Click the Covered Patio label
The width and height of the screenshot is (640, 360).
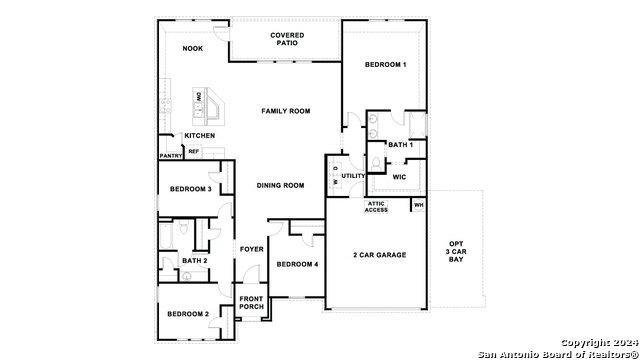point(287,39)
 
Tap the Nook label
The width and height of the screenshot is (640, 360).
point(193,49)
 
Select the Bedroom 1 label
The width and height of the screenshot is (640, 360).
point(385,65)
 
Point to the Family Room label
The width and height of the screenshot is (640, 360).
point(286,110)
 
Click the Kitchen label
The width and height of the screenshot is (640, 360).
point(199,136)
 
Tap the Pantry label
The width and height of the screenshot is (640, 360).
point(170,156)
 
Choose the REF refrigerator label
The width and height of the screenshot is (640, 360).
point(194,151)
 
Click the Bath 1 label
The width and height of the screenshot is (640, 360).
point(400,146)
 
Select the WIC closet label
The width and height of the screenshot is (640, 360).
point(399,177)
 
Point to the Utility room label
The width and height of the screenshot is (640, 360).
point(354,176)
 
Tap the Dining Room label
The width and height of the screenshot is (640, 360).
point(280,185)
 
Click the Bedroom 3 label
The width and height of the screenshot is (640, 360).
point(189,189)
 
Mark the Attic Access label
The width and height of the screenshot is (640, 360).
point(376,207)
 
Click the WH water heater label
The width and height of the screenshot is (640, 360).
point(419,205)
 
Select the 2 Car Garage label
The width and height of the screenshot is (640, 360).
point(379,255)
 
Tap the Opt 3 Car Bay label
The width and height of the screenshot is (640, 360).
point(456,252)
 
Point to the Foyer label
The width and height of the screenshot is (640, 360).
point(250,249)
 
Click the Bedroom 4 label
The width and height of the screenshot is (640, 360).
point(297,264)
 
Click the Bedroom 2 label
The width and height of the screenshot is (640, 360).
point(187,314)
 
